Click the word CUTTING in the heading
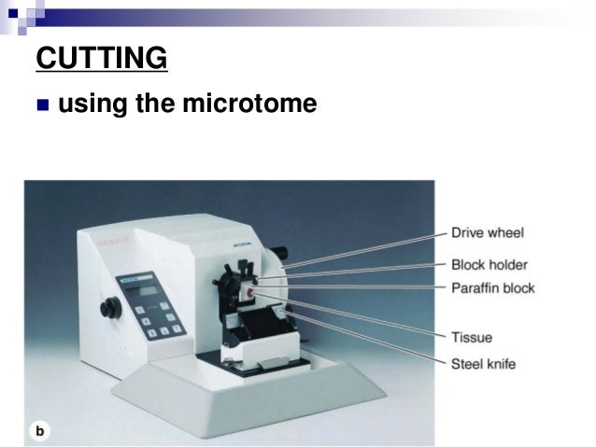tap(102, 58)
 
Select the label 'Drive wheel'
tap(487, 232)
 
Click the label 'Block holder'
tap(490, 264)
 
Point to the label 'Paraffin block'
tap(492, 287)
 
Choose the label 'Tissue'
tap(471, 337)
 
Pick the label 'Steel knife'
tap(483, 362)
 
